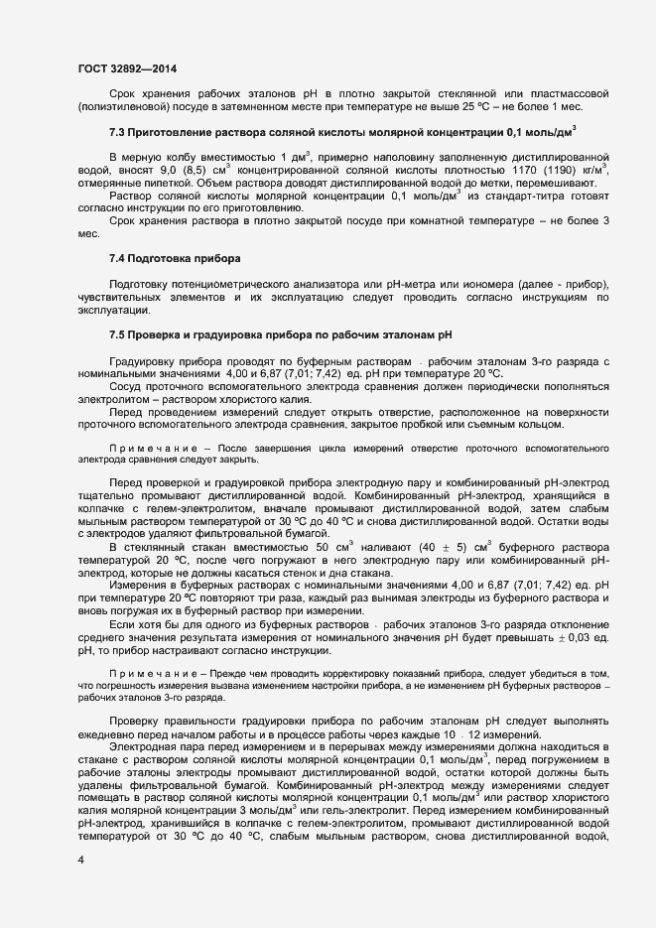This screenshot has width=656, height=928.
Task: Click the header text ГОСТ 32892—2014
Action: [x=128, y=67]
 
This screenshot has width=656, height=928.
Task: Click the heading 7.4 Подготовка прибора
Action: [x=175, y=259]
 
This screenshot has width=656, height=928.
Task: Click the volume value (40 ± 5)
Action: [x=434, y=547]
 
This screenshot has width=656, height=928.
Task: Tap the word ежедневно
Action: [x=111, y=732]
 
